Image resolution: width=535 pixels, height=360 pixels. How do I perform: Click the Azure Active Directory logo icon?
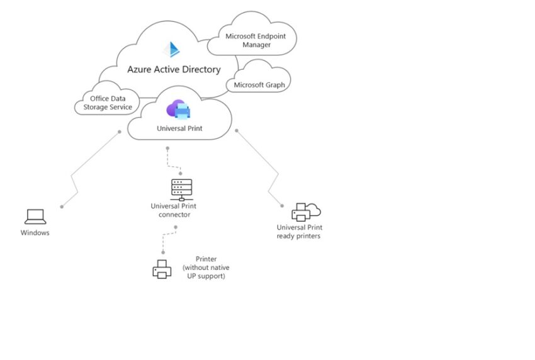(x=171, y=50)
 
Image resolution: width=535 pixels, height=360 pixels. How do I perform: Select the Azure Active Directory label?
(x=174, y=69)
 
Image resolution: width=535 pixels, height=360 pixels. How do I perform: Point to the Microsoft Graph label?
(x=259, y=85)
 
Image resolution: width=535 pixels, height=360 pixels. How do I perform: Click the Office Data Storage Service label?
(x=108, y=103)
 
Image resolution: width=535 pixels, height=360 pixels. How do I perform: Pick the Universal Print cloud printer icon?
(x=178, y=111)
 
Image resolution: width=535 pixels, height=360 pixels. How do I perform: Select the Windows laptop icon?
(x=35, y=217)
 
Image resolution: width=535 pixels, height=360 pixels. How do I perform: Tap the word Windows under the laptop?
(x=35, y=233)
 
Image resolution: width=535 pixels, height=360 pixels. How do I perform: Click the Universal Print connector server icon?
(x=181, y=189)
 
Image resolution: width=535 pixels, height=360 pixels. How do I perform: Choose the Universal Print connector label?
(x=171, y=210)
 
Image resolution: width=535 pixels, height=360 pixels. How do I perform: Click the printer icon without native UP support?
(x=162, y=269)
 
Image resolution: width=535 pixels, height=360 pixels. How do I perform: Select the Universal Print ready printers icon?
(x=306, y=212)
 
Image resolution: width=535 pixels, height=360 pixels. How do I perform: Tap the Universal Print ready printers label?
(x=298, y=232)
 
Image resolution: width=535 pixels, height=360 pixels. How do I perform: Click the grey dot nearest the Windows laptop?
(x=62, y=206)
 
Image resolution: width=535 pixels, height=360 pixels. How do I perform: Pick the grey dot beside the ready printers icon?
(x=282, y=205)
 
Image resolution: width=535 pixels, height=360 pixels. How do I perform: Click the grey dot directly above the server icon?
(x=181, y=172)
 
